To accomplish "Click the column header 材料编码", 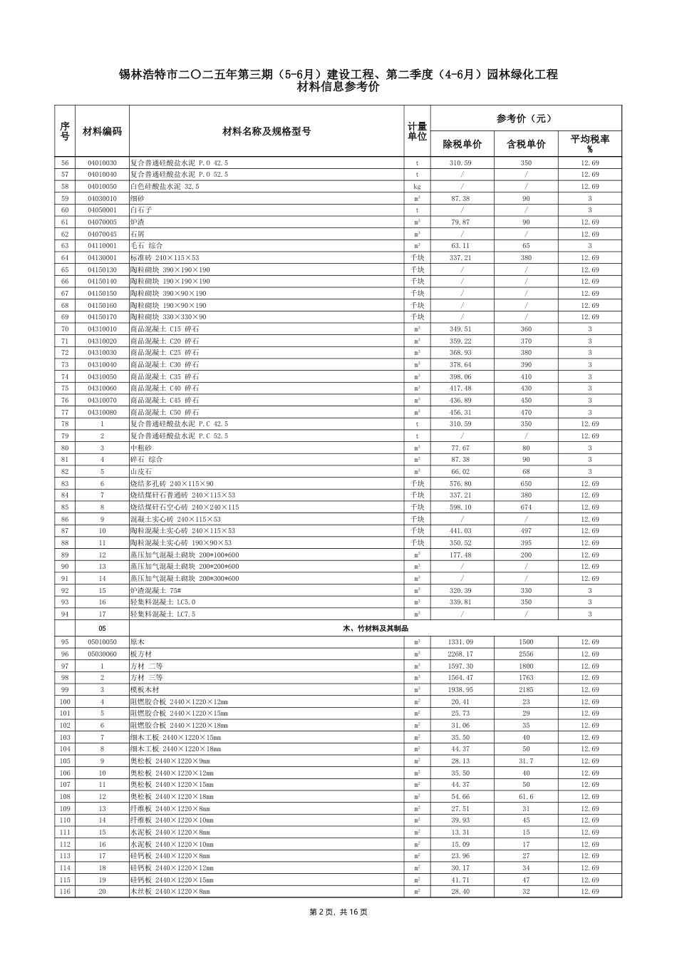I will tap(102, 131).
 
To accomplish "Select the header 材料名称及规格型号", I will tap(267, 131).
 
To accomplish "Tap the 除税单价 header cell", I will tap(462, 144).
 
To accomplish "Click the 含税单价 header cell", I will tap(526, 144).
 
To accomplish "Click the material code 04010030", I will tap(102, 163).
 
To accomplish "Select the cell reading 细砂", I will tap(136, 199).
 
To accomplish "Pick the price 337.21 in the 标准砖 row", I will tap(461, 258).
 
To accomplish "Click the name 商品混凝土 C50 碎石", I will tap(165, 413).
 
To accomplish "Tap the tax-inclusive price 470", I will tap(526, 413).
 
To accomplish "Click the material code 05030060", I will tap(102, 654).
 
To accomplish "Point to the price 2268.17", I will tap(461, 654).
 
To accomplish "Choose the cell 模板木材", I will tap(145, 690).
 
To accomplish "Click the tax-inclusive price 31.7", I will tap(526, 761).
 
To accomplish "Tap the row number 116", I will tap(65, 892).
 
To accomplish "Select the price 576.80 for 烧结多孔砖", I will tap(461, 484).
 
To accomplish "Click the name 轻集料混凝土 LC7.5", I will tap(162, 614).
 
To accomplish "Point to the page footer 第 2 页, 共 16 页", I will tap(338, 912).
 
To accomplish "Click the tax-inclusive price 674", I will tap(526, 508).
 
